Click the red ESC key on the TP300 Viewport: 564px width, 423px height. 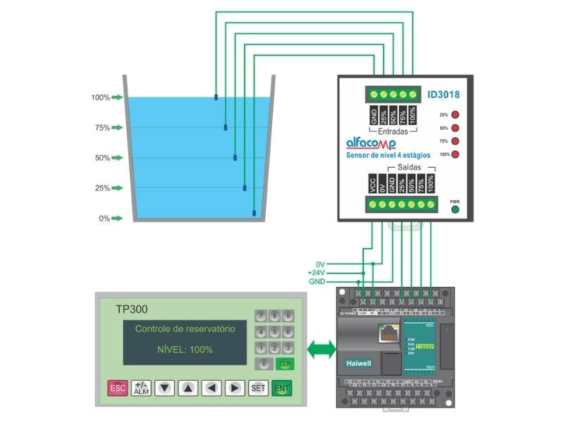[x=117, y=388]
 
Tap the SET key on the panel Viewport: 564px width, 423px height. [x=258, y=388]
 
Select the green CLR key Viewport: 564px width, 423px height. [x=285, y=364]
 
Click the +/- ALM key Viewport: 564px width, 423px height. [x=141, y=388]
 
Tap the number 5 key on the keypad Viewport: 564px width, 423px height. [x=274, y=331]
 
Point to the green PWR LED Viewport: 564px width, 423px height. [x=455, y=209]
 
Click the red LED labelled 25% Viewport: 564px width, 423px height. [x=455, y=115]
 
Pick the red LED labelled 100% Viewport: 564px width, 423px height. [x=455, y=154]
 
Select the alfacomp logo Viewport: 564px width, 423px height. [x=371, y=143]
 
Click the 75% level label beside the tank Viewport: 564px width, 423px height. [x=102, y=128]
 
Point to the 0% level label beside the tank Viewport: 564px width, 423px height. [x=104, y=219]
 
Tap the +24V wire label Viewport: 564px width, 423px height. [x=316, y=273]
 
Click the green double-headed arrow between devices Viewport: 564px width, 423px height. [x=323, y=348]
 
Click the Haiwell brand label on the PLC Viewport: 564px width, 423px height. [x=359, y=363]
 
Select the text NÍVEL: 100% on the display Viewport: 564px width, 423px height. [x=185, y=350]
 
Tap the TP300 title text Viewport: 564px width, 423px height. [x=132, y=309]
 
